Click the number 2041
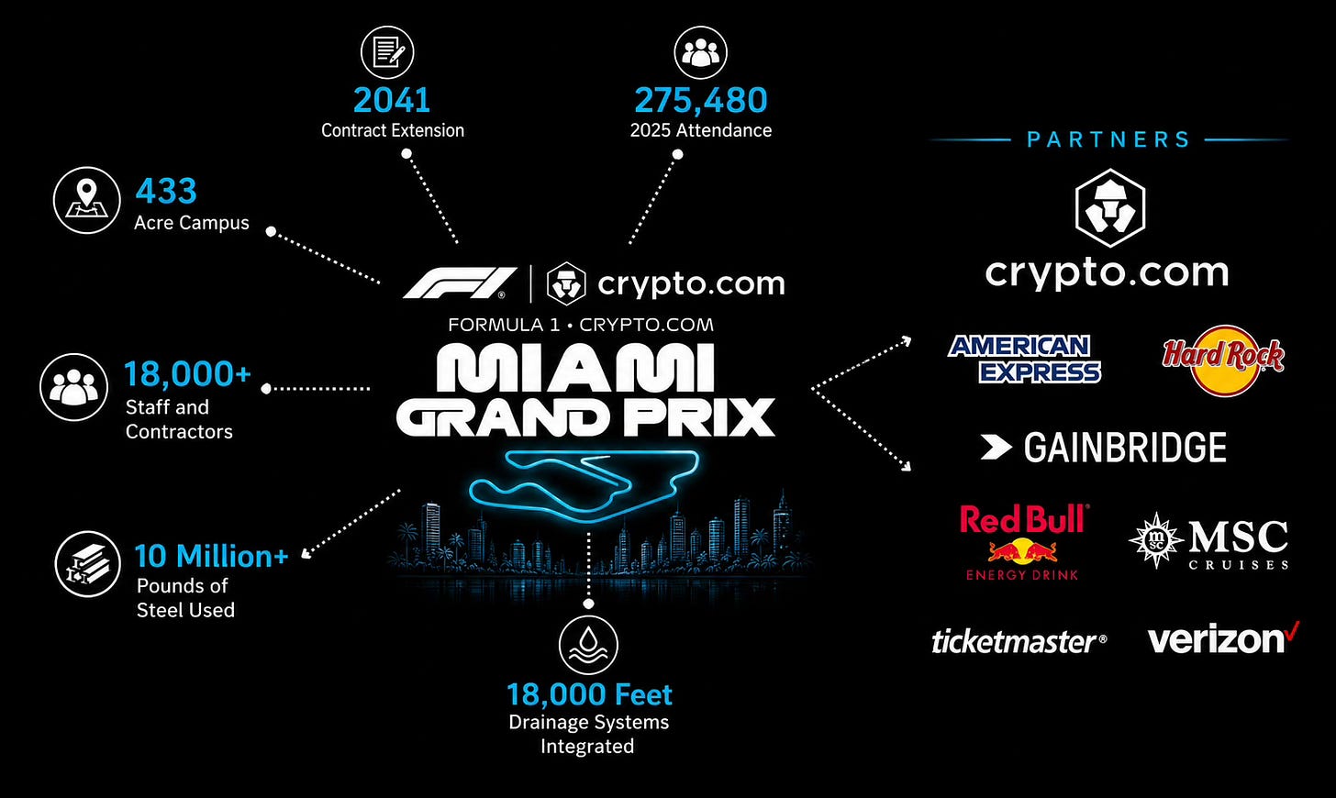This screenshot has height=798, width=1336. point(391,100)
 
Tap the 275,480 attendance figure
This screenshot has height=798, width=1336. point(701,100)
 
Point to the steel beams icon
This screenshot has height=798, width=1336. point(88,564)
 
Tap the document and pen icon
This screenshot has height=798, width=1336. point(387,52)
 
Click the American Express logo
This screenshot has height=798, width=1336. point(1024,359)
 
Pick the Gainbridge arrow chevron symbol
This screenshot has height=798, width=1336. point(996,448)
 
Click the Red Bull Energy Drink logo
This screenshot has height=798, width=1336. point(1023,542)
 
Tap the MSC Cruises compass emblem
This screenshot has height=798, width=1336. point(1156,539)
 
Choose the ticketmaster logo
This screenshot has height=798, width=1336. point(1019,642)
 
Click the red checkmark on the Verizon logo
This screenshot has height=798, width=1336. point(1292,630)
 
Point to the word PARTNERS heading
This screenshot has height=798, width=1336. point(1108,139)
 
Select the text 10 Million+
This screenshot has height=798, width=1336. point(211,556)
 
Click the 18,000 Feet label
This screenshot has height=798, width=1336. point(589,694)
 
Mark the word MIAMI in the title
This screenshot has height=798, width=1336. point(575,368)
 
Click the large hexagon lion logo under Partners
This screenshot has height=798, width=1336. point(1110,207)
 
